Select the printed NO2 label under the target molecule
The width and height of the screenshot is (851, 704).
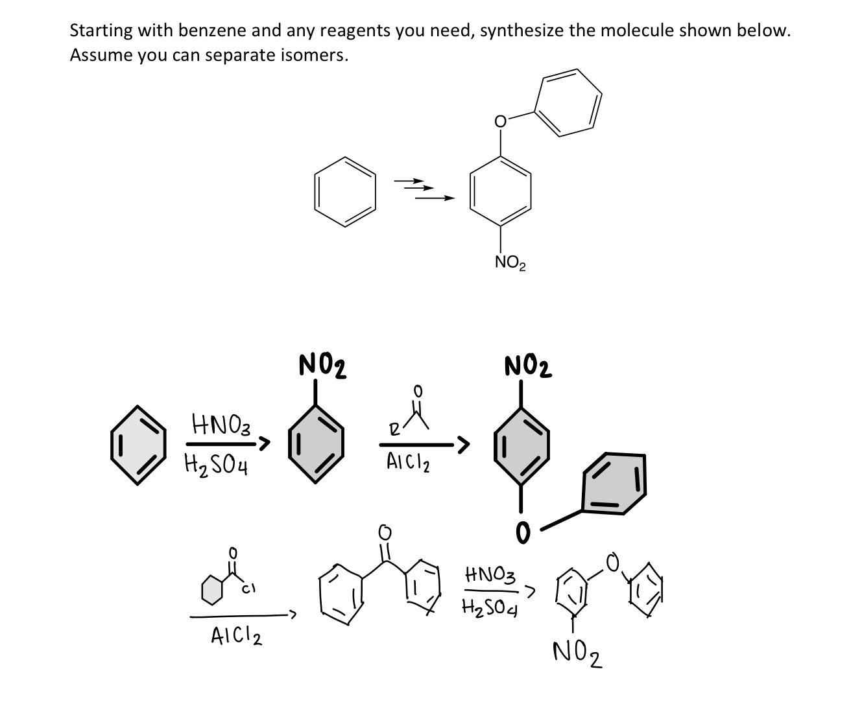pyautogui.click(x=510, y=263)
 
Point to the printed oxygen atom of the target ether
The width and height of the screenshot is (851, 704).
pyautogui.click(x=499, y=121)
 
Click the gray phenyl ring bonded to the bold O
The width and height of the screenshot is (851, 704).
pyautogui.click(x=614, y=483)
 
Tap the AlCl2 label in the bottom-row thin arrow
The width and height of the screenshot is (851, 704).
pyautogui.click(x=236, y=637)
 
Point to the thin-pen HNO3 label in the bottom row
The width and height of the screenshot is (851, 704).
pyautogui.click(x=491, y=574)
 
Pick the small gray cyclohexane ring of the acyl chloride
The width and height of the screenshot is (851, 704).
pyautogui.click(x=211, y=590)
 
